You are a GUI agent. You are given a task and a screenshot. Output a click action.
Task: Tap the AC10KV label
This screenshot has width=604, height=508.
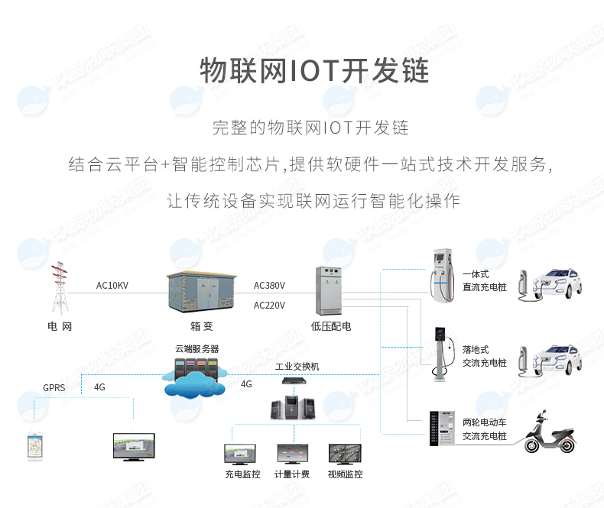coord(112,286)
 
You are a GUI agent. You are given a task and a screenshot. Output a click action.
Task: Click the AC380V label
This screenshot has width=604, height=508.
coord(269,286)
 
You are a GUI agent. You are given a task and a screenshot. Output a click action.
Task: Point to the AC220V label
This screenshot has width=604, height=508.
coord(269,306)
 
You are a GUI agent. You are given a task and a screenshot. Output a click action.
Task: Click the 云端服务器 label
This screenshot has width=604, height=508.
coord(196,348)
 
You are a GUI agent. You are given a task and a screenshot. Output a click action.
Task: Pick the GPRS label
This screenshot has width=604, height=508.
coord(54,387)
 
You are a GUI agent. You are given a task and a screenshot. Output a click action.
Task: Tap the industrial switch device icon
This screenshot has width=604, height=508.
coord(293,380)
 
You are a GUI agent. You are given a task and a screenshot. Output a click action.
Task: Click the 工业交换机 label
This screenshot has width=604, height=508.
coord(297,367)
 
